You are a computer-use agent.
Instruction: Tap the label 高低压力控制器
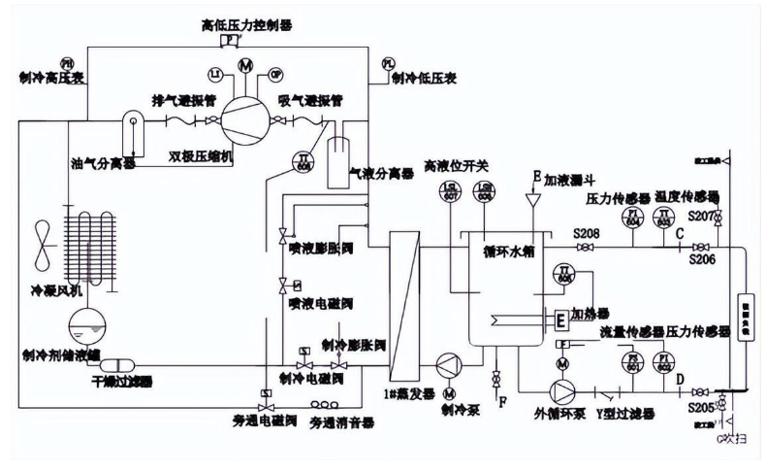[x=233, y=23]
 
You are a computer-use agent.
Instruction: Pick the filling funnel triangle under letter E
[x=532, y=198]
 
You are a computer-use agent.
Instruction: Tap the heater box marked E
[x=559, y=318]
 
